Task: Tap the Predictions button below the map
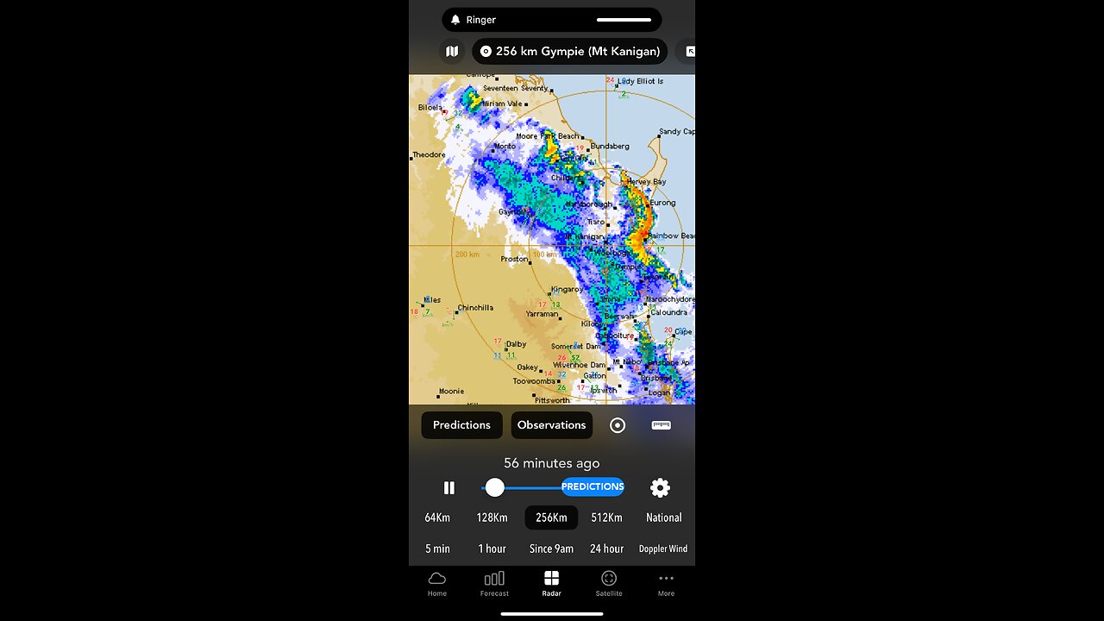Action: pyautogui.click(x=461, y=425)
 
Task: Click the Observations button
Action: pyautogui.click(x=551, y=425)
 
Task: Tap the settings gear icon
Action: pyautogui.click(x=660, y=487)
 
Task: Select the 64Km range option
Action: pyautogui.click(x=437, y=517)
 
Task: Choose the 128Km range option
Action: pyautogui.click(x=492, y=517)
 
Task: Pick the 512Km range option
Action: pyautogui.click(x=606, y=517)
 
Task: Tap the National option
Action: pyautogui.click(x=663, y=517)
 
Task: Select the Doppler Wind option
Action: pyautogui.click(x=663, y=549)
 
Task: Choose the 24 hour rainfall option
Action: pyautogui.click(x=606, y=549)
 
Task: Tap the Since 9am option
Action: pyautogui.click(x=551, y=549)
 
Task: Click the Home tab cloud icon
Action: pyautogui.click(x=437, y=578)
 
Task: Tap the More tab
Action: pyautogui.click(x=666, y=583)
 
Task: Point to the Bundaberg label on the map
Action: pyautogui.click(x=610, y=147)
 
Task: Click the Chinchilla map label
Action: pyautogui.click(x=475, y=308)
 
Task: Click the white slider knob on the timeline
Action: pyautogui.click(x=494, y=487)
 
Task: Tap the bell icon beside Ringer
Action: pyautogui.click(x=455, y=20)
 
